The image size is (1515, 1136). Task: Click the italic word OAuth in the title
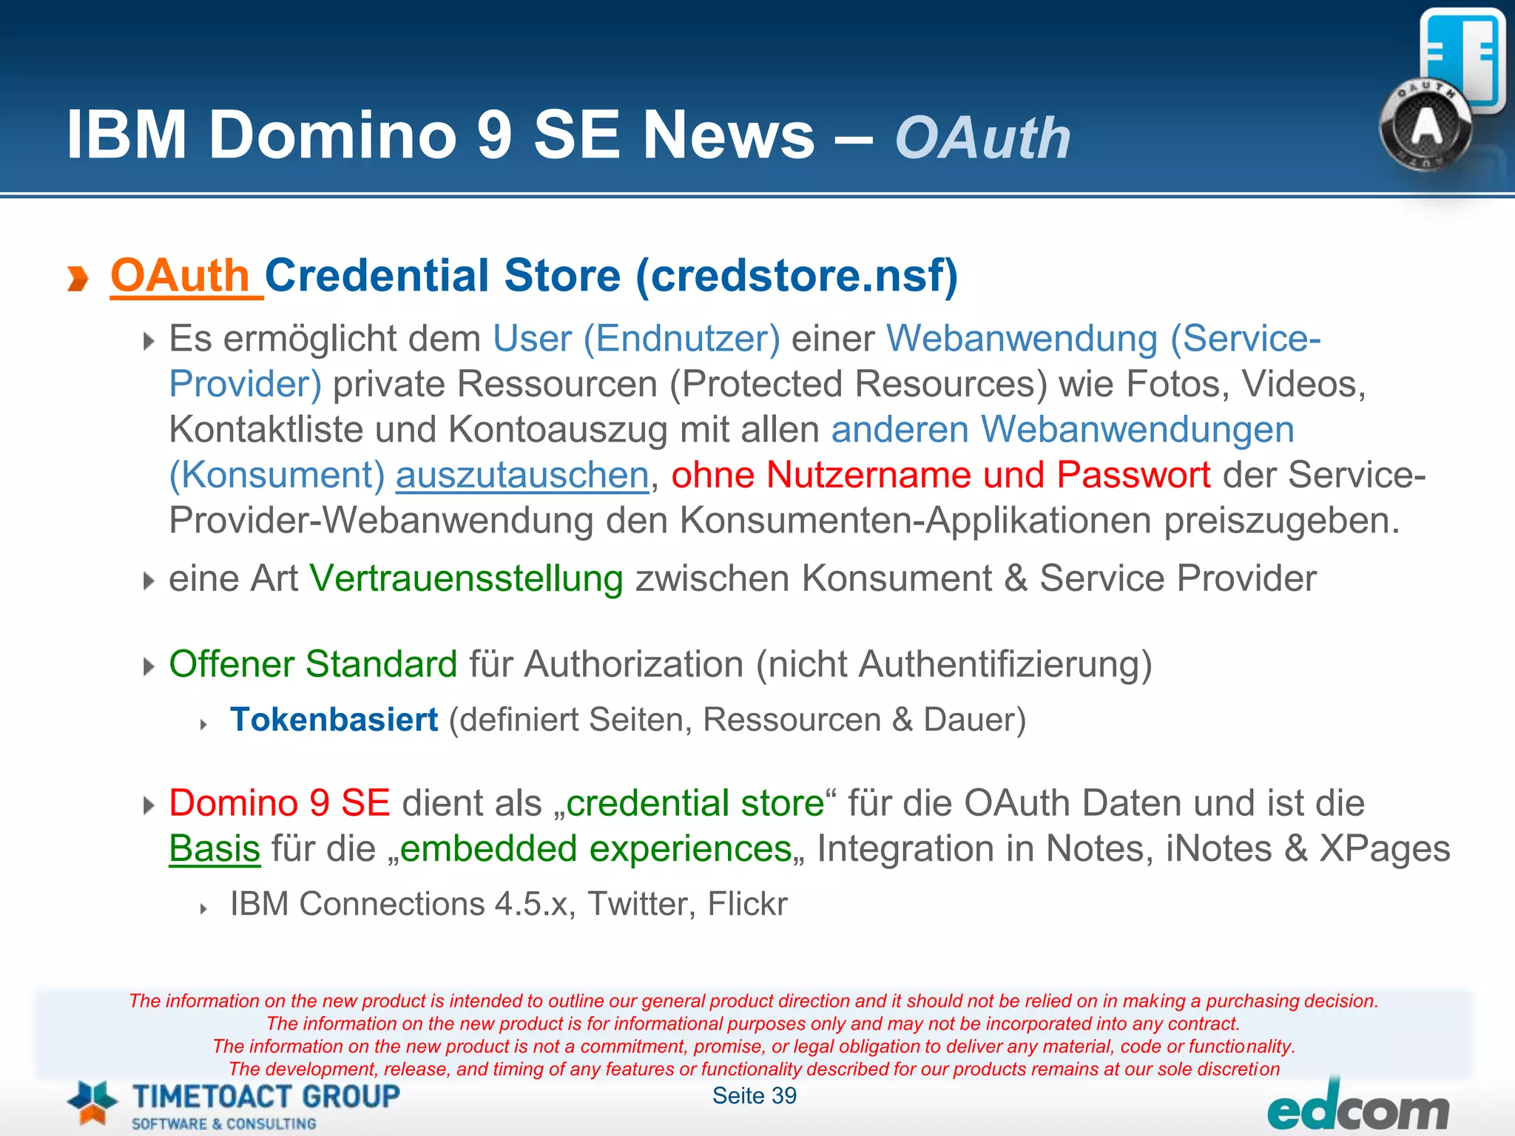coord(982,138)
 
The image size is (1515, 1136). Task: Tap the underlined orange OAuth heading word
coord(180,276)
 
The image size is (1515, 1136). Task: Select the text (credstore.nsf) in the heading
coord(797,276)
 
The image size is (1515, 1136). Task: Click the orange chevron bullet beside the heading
coord(78,279)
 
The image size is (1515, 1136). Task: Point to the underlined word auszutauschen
coord(522,475)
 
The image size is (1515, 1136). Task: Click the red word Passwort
coord(1133,475)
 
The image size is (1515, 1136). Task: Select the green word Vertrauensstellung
coord(466,578)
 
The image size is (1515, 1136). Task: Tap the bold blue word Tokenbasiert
coord(334,720)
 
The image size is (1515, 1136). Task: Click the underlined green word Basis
coord(215,848)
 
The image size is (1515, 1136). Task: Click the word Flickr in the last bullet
coord(747,904)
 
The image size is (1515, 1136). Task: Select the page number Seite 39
coord(754,1095)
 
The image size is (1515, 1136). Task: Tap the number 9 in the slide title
coord(495,135)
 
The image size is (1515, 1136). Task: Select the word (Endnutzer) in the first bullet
coord(681,339)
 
